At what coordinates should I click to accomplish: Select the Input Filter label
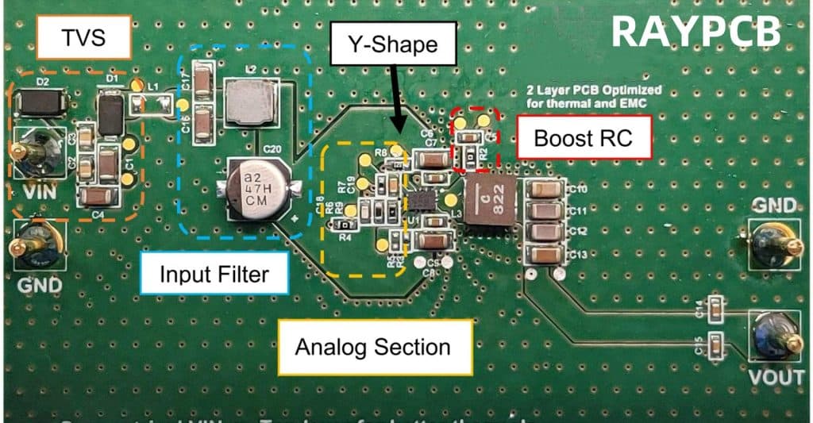point(214,275)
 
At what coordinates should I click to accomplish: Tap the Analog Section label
point(372,347)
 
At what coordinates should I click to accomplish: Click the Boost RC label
point(584,137)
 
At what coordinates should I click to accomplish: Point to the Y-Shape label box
point(395,44)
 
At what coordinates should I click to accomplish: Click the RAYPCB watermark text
point(695,31)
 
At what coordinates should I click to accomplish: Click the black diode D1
point(110,113)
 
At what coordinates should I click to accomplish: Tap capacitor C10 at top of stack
point(545,190)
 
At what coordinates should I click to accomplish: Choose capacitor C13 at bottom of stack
point(545,254)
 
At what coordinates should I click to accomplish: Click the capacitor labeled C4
point(94,196)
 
